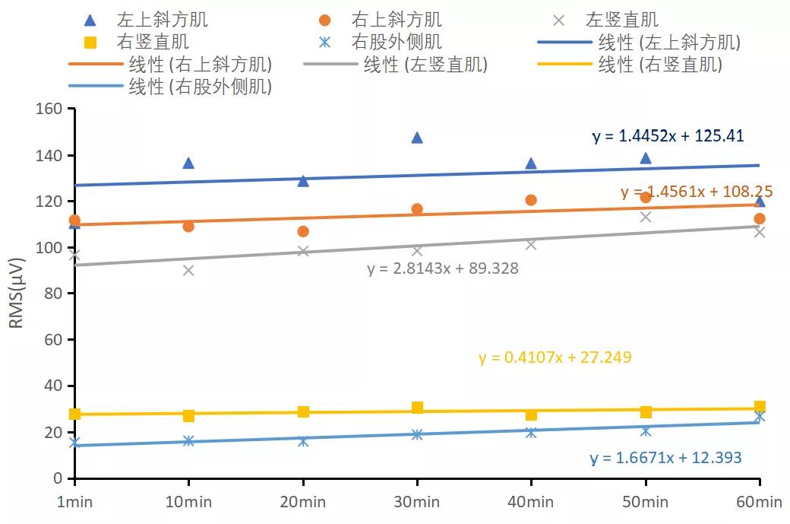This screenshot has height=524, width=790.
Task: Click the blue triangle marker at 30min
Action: pyautogui.click(x=416, y=138)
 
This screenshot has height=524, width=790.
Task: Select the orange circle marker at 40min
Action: pyautogui.click(x=531, y=200)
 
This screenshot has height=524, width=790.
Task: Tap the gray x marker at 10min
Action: pyautogui.click(x=188, y=270)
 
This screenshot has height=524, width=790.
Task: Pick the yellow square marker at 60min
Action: pyautogui.click(x=760, y=407)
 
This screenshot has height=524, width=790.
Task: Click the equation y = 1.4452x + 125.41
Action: pyautogui.click(x=668, y=136)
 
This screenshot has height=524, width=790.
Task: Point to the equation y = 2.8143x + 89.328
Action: pyautogui.click(x=443, y=268)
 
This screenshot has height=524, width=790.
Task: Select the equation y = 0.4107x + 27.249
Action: pyautogui.click(x=555, y=357)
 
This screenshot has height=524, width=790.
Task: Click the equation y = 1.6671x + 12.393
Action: pyautogui.click(x=665, y=458)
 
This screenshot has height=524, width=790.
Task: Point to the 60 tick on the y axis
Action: pyautogui.click(x=52, y=340)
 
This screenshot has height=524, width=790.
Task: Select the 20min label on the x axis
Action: pyautogui.click(x=302, y=502)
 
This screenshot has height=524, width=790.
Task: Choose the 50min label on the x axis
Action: pyautogui.click(x=645, y=502)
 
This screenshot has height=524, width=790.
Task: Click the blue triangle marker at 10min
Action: pyautogui.click(x=188, y=163)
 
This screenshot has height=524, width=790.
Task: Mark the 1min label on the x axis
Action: pyautogui.click(x=74, y=502)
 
